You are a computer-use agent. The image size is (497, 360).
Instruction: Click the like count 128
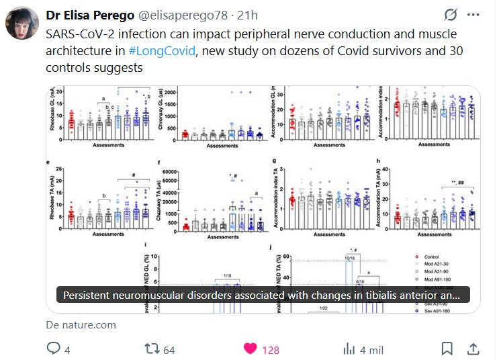[x=271, y=349]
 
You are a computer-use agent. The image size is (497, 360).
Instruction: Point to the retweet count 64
[x=169, y=349]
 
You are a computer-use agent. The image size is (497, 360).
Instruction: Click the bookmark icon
[x=447, y=349]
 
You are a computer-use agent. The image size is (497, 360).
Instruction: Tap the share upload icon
[x=473, y=349]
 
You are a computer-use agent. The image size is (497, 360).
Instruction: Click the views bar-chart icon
[x=349, y=349]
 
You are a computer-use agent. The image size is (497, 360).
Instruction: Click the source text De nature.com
[x=81, y=325]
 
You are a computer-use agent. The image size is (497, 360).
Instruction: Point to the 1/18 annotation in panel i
[x=224, y=277]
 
